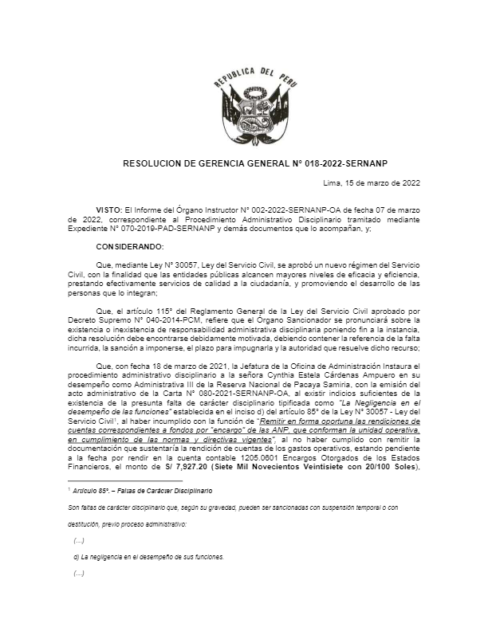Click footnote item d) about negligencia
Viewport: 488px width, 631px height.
(x=136, y=556)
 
